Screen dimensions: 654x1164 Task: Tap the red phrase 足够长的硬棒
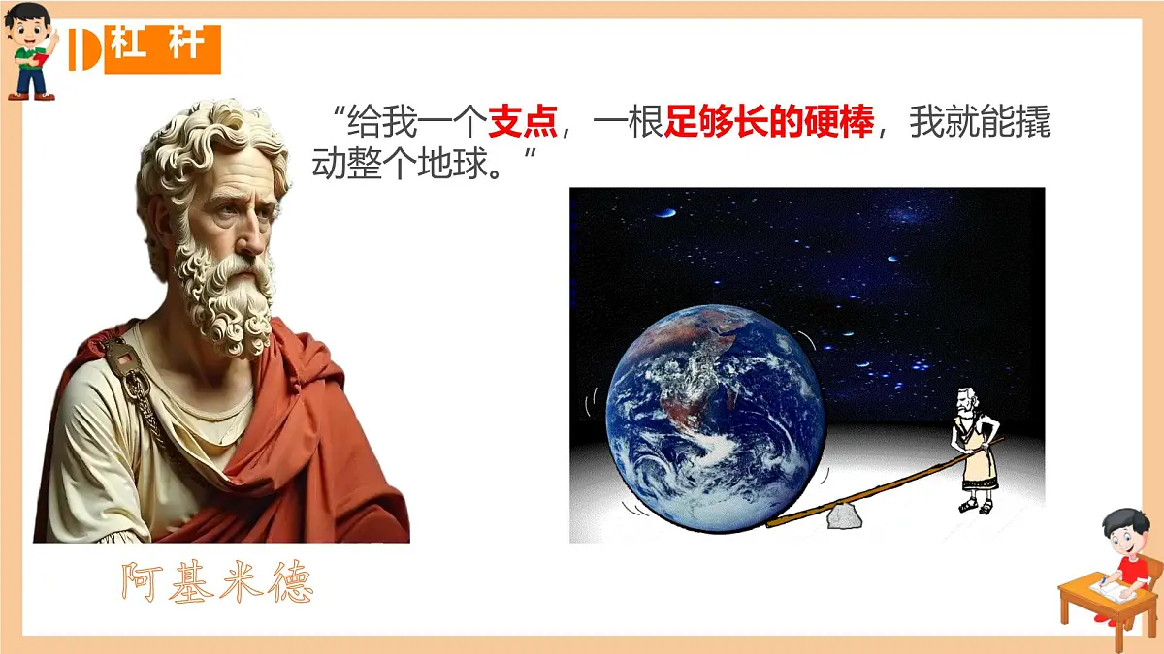[x=769, y=124]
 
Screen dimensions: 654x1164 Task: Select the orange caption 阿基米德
[x=217, y=581]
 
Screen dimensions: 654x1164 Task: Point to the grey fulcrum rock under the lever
[x=844, y=515]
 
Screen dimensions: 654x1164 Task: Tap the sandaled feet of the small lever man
[x=974, y=506]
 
